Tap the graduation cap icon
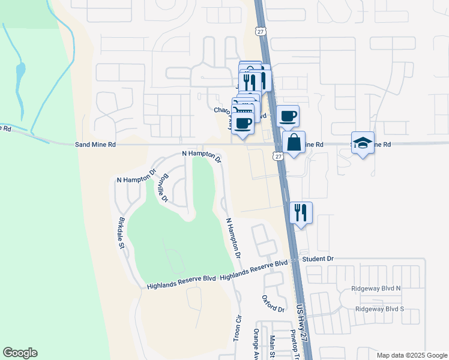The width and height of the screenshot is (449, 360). coord(363,142)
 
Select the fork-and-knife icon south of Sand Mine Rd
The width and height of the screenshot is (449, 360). coord(301,212)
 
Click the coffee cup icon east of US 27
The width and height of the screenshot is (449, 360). coord(287,115)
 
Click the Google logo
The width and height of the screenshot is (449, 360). coord(20,353)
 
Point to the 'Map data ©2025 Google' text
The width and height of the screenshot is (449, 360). coord(411,355)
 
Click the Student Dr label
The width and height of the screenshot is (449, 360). coord(318,259)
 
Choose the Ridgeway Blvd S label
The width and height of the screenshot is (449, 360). coord(379,309)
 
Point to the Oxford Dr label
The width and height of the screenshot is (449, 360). coord(273,304)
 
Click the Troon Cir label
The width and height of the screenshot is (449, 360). coord(237,327)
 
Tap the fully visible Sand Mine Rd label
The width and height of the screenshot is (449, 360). coord(95,145)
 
